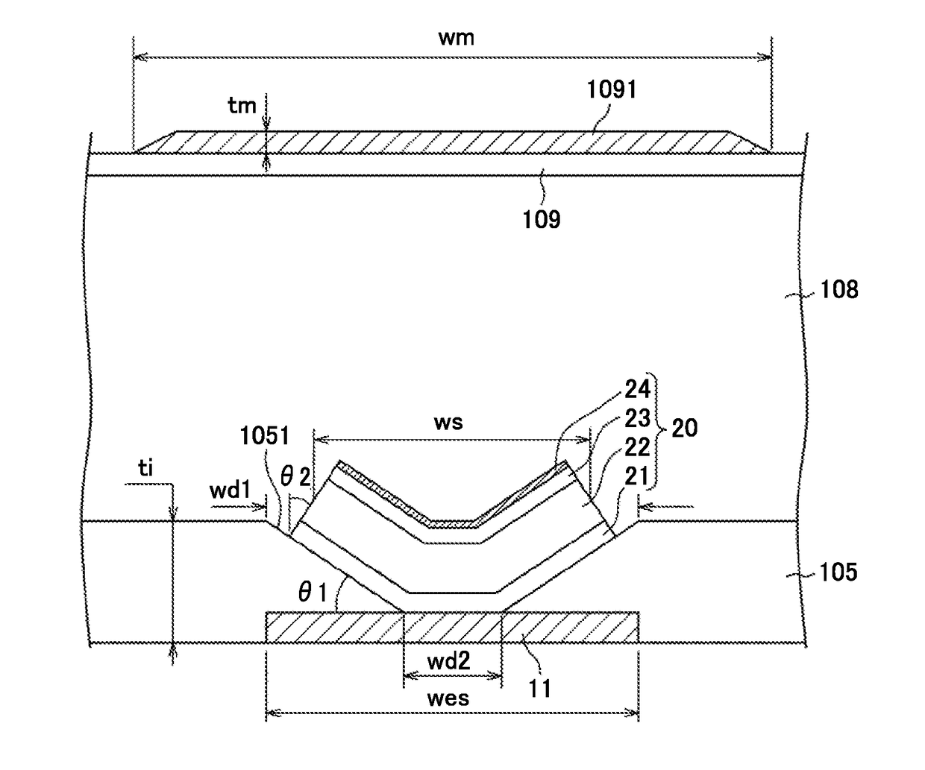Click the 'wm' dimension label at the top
(457, 38)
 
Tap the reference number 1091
(612, 89)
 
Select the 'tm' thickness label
(242, 106)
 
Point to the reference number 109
(542, 219)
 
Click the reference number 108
(839, 289)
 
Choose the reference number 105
(838, 572)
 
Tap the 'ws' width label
(448, 423)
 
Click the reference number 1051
(265, 436)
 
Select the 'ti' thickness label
(145, 468)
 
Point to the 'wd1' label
(230, 490)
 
